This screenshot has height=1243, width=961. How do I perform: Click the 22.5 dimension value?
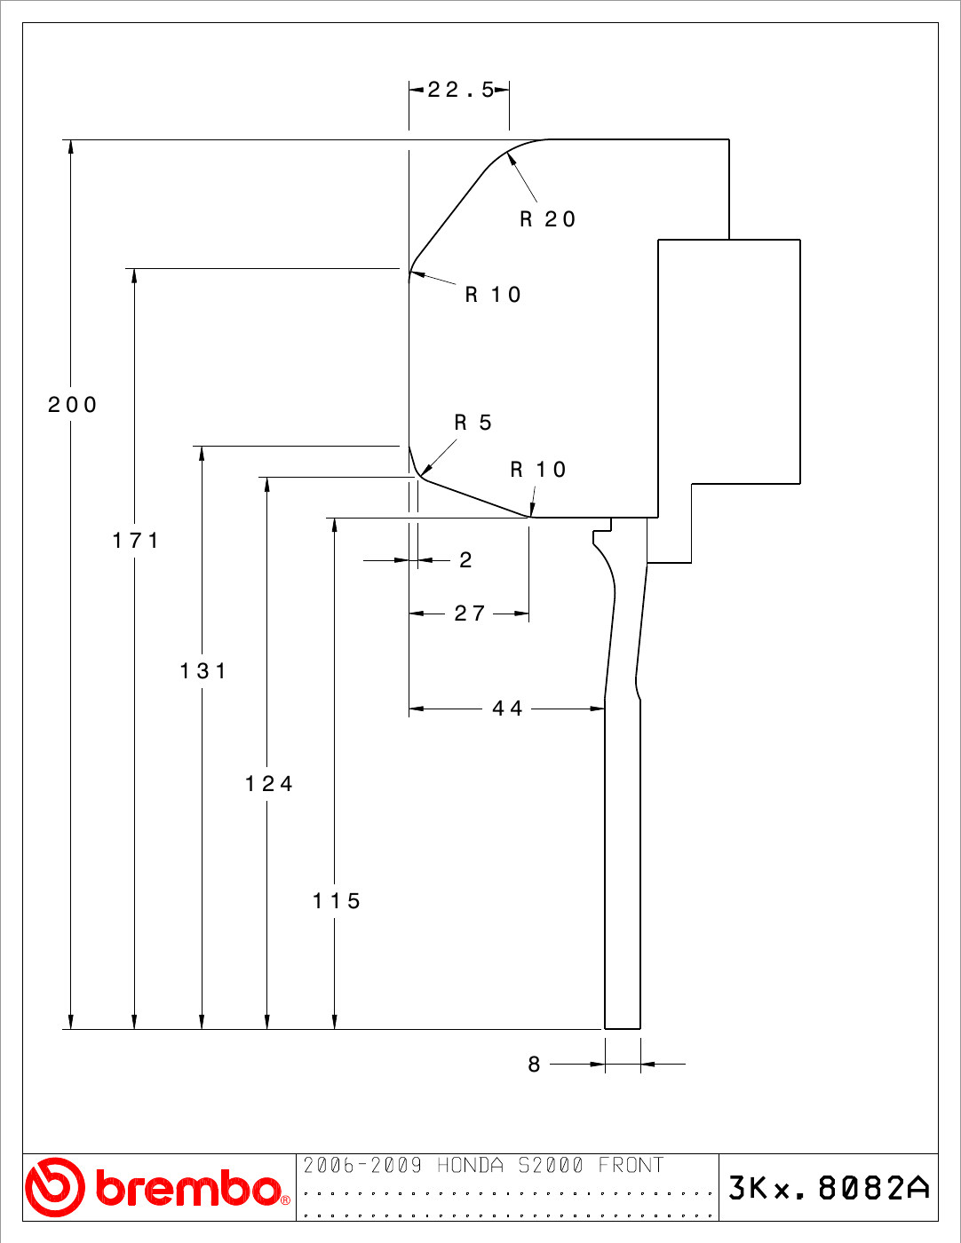click(460, 90)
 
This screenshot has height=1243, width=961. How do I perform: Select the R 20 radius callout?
click(547, 219)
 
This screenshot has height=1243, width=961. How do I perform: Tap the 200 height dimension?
click(72, 405)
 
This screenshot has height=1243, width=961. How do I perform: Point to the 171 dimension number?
click(136, 540)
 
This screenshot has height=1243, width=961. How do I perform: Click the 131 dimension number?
click(203, 671)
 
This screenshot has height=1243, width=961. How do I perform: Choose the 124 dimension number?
click(269, 784)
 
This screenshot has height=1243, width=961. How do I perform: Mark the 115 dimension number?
click(337, 901)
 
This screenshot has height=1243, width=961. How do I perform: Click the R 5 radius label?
click(473, 423)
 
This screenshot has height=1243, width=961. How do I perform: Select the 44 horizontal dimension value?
click(507, 709)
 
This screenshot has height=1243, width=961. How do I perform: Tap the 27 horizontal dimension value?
click(470, 614)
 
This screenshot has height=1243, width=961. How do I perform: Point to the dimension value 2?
click(465, 560)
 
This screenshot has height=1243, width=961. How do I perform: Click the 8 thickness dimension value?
click(534, 1065)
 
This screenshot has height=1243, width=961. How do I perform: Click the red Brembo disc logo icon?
click(55, 1188)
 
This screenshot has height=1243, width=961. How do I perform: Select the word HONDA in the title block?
click(470, 1165)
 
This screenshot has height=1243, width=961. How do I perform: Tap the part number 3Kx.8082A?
click(829, 1188)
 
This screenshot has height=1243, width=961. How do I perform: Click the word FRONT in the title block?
click(631, 1165)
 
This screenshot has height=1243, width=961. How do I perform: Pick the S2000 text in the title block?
click(551, 1165)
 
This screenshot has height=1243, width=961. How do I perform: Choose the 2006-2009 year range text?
click(362, 1165)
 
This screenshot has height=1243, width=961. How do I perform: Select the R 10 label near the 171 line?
click(493, 295)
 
